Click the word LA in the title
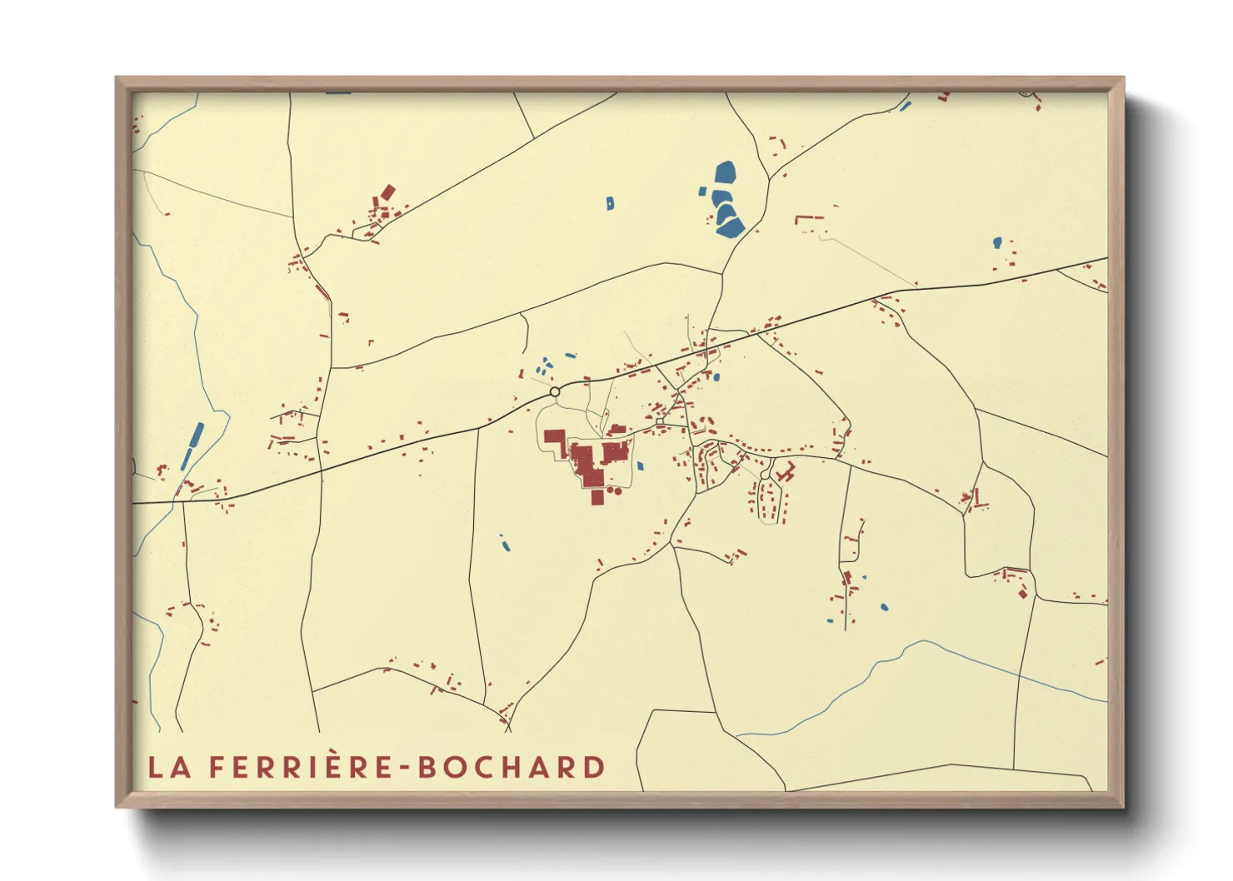coord(169,767)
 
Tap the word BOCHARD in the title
coord(511,767)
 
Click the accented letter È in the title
coord(332,765)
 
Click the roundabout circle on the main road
coord(555,391)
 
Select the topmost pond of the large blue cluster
coord(725,174)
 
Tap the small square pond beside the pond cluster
coord(702,192)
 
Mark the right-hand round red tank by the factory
coord(618,491)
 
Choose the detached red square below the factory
coord(597,497)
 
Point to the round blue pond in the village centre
coord(716,377)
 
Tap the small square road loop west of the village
coord(659,422)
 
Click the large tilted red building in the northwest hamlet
coord(387,192)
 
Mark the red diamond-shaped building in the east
coord(1022,594)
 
